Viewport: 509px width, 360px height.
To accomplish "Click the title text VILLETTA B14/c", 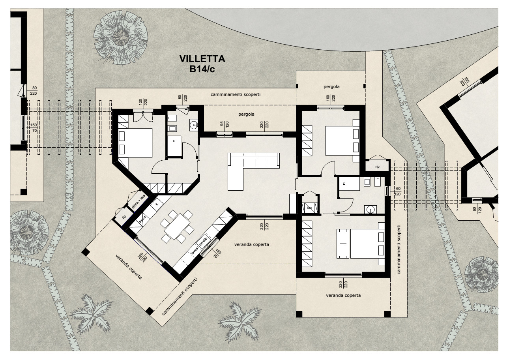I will click(202, 64).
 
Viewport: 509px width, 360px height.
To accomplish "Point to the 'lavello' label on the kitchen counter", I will click(203, 245).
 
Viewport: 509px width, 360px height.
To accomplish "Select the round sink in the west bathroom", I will click(194, 125).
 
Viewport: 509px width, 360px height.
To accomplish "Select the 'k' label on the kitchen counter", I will click(157, 204).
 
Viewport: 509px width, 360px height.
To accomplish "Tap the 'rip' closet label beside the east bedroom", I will click(377, 167).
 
